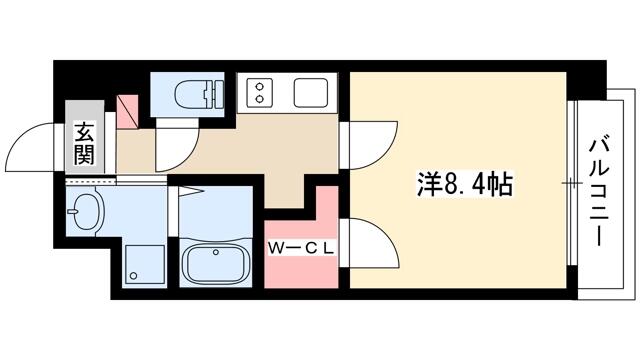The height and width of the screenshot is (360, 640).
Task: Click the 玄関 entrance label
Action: [x=84, y=143]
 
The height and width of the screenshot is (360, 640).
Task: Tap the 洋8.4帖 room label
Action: [x=464, y=184]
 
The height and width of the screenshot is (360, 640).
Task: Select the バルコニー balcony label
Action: [x=598, y=193]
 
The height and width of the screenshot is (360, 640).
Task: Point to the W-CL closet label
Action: [x=301, y=249]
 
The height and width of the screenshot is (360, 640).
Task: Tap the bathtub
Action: [x=215, y=264]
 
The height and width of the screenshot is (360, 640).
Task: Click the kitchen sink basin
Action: [x=311, y=93]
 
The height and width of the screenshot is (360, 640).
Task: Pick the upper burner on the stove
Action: [x=259, y=86]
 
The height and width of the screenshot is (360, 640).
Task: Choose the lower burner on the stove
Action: [x=259, y=98]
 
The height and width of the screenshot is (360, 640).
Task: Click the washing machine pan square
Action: [x=145, y=264]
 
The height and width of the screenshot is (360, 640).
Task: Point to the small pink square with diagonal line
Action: [x=127, y=112]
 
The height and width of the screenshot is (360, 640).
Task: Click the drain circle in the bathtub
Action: [x=216, y=253]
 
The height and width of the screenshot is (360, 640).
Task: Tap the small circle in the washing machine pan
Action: [x=133, y=276]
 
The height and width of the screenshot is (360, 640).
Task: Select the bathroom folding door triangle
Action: [x=190, y=191]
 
